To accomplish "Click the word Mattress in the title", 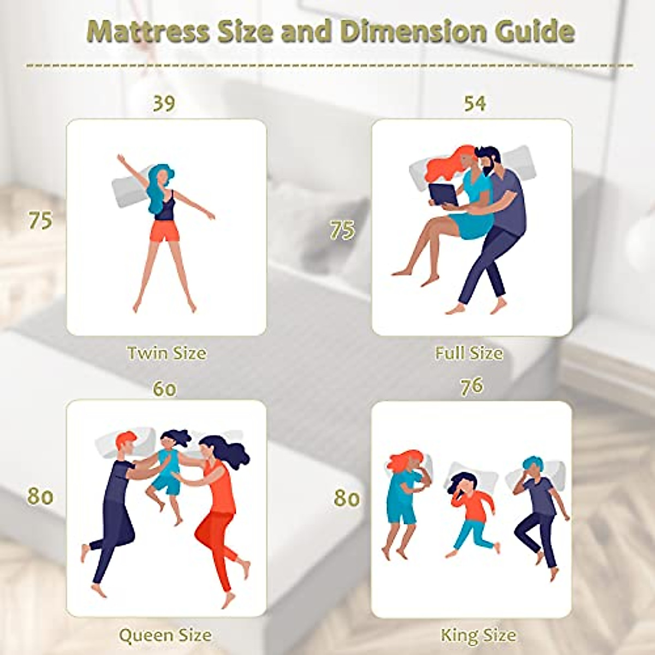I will tap(147, 32).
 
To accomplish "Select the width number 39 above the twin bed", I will tap(164, 103).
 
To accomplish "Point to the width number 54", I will tap(474, 103).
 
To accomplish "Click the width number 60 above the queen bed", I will tap(164, 389).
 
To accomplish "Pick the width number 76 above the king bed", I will tap(472, 386).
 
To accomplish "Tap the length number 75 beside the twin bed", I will tap(40, 221).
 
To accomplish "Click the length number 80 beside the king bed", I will tap(347, 498).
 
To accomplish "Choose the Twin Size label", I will tap(166, 353).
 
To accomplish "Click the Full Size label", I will tap(469, 353).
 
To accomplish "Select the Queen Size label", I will tap(165, 635).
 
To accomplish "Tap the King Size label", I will tap(478, 635).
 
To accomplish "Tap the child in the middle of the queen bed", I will tap(168, 469).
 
